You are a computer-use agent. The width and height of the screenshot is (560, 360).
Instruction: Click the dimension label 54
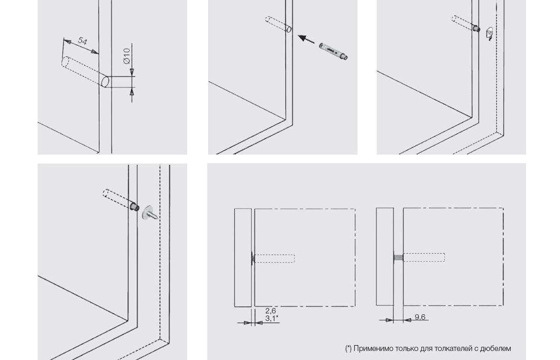pos(82,41)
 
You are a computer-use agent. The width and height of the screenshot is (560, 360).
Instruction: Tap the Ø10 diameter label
pos(127,56)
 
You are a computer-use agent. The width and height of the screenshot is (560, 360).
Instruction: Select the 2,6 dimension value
pos(271,311)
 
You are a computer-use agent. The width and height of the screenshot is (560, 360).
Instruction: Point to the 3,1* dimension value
pos(272,318)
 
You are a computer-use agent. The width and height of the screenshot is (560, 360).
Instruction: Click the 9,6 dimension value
pos(420,317)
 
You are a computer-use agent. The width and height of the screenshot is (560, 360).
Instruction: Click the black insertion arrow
pos(306,39)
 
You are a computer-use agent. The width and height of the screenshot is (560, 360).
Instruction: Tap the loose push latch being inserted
pos(333,51)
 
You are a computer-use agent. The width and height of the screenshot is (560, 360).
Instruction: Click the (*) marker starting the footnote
pos(348,348)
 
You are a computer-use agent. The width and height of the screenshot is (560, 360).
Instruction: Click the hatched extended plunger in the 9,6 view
pos(398,258)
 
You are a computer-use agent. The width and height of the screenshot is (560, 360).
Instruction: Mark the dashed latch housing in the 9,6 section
pos(424,258)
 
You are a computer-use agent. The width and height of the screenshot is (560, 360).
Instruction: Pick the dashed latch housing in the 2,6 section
pos(274,258)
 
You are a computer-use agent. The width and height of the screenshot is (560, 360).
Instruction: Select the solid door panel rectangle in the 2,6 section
pos(243,258)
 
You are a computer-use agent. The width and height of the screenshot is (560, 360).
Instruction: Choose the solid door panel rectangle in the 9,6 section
pos(385,257)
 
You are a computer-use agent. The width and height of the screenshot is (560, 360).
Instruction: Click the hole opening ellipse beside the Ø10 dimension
pos(105,81)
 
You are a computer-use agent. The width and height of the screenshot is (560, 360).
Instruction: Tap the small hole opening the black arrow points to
pos(289,30)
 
